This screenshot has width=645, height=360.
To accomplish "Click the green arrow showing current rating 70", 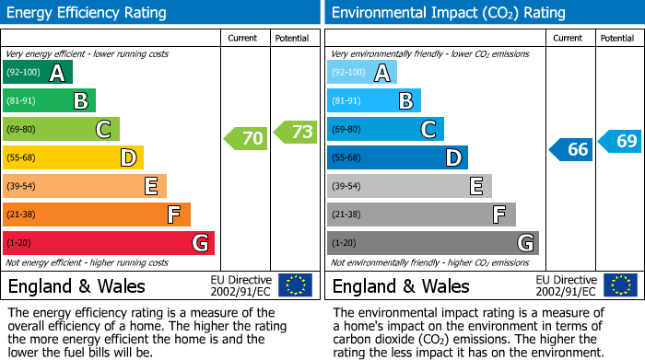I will pos(245,139).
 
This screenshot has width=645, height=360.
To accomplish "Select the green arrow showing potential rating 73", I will pos(295,132).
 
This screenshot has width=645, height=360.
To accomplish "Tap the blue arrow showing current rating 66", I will pos(570,149).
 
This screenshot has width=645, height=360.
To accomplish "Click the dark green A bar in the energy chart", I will pos(37,73).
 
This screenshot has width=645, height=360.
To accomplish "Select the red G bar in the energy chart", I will pos(109,243).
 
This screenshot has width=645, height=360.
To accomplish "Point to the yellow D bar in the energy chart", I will pos(73,157).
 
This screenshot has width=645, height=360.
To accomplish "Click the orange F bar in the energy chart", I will pos(97,215).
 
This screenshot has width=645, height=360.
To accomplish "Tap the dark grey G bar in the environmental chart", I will pos(432,243).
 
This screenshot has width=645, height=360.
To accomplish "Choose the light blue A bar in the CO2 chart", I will pos(362,73).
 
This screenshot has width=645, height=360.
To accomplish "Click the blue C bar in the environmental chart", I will pos(385,129).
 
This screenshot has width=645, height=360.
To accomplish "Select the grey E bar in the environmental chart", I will pos(409,186).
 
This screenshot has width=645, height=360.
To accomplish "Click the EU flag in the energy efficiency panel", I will pos(295,285).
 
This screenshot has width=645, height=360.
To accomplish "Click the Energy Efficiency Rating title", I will pos(88,13).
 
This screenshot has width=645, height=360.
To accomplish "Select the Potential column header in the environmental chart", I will pos(616,38).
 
